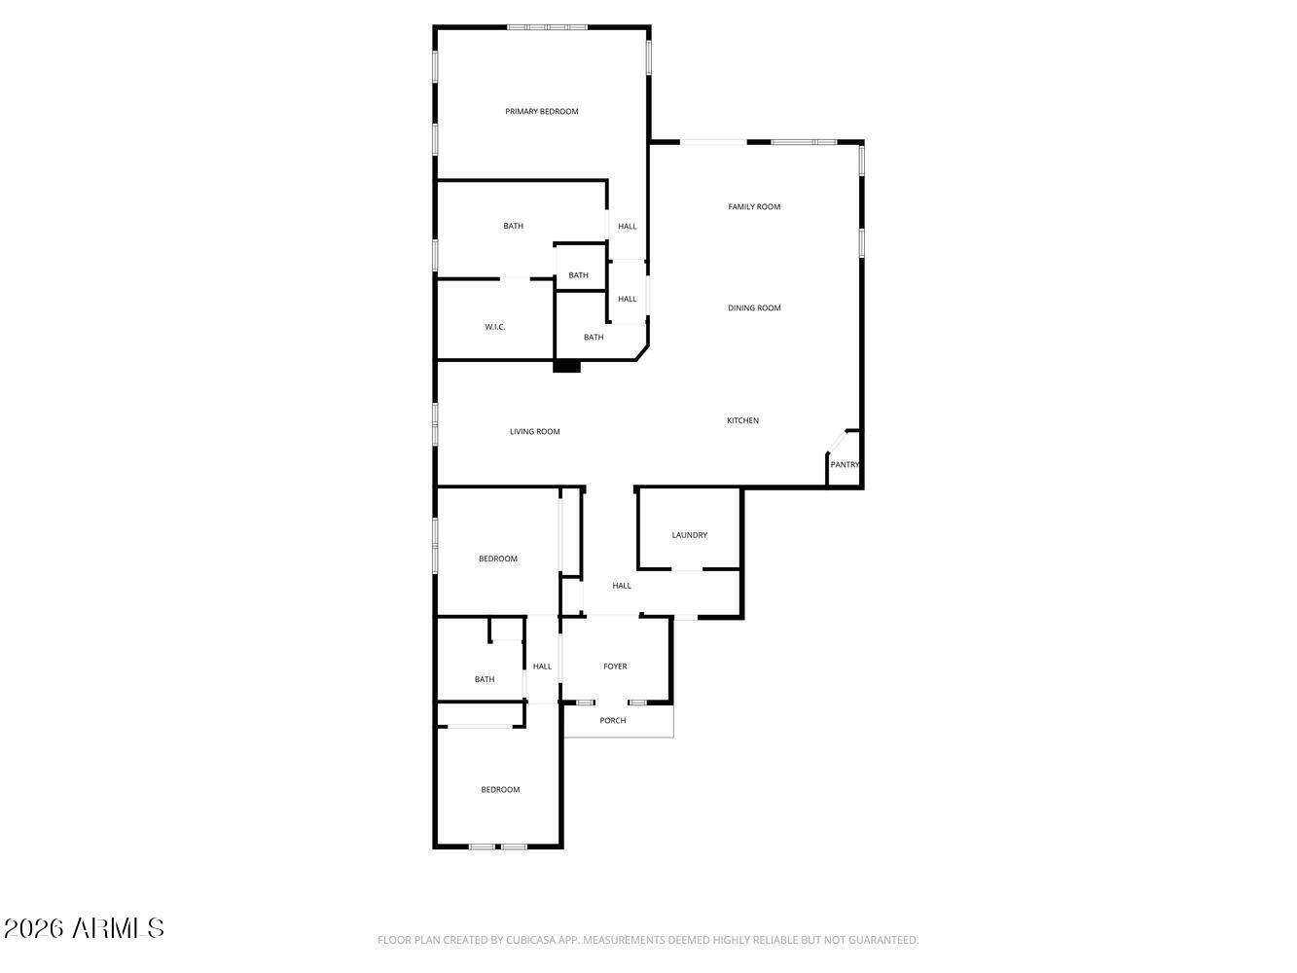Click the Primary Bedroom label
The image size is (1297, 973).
click(x=542, y=112)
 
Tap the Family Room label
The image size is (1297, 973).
click(x=755, y=207)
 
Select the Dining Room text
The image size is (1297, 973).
click(x=755, y=308)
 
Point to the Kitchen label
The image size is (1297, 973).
click(x=743, y=421)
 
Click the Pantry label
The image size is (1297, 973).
click(x=845, y=465)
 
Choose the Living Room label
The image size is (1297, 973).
click(x=535, y=432)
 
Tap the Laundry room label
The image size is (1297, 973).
click(x=690, y=535)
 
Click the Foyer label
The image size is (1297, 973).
click(x=615, y=667)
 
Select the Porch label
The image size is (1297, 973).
click(x=613, y=721)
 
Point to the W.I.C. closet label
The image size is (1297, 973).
click(x=495, y=327)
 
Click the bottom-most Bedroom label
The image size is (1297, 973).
click(x=500, y=790)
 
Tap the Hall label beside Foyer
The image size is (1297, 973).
click(x=542, y=667)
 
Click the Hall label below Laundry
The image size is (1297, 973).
click(x=622, y=586)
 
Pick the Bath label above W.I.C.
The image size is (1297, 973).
click(x=513, y=227)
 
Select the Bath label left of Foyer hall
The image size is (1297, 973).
click(x=485, y=680)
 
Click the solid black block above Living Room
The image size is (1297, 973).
click(x=566, y=367)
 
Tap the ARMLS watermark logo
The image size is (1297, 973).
click(x=85, y=928)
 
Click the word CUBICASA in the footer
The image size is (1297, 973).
click(x=529, y=941)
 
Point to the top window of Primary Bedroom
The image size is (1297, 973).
click(x=547, y=27)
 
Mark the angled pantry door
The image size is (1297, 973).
click(x=837, y=444)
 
